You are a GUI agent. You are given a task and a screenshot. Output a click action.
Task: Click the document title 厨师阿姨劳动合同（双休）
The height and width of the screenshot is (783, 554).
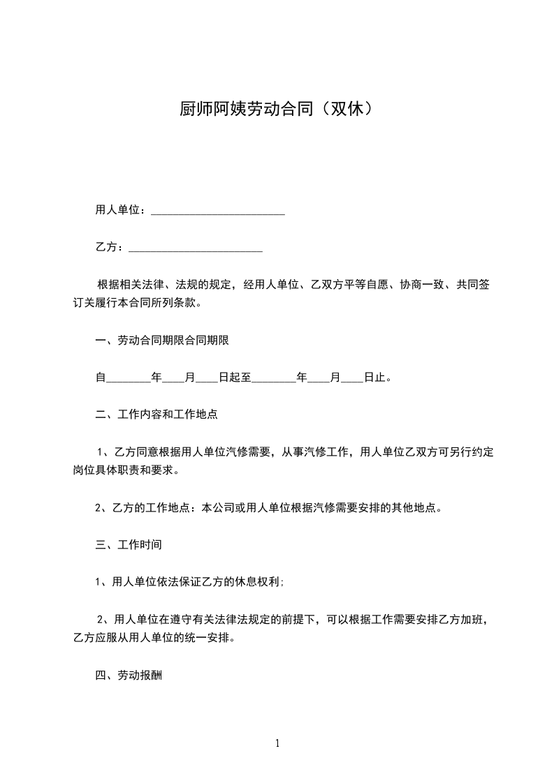[x=277, y=109]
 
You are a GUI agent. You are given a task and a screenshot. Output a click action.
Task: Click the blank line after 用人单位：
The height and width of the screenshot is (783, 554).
[x=218, y=211]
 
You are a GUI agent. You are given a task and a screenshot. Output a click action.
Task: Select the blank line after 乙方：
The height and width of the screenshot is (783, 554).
[x=196, y=248]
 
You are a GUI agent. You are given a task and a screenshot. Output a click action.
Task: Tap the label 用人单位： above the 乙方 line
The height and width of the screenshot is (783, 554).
[x=120, y=210]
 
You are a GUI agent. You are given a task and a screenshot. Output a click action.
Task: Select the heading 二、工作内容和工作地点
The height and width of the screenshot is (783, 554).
[x=156, y=415]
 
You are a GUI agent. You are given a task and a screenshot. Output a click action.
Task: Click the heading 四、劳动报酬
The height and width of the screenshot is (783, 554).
[x=129, y=676]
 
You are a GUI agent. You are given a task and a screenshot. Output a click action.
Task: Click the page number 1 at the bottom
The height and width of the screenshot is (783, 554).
[x=277, y=743]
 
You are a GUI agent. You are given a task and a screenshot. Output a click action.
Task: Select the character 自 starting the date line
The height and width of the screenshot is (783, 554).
[x=100, y=378]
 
